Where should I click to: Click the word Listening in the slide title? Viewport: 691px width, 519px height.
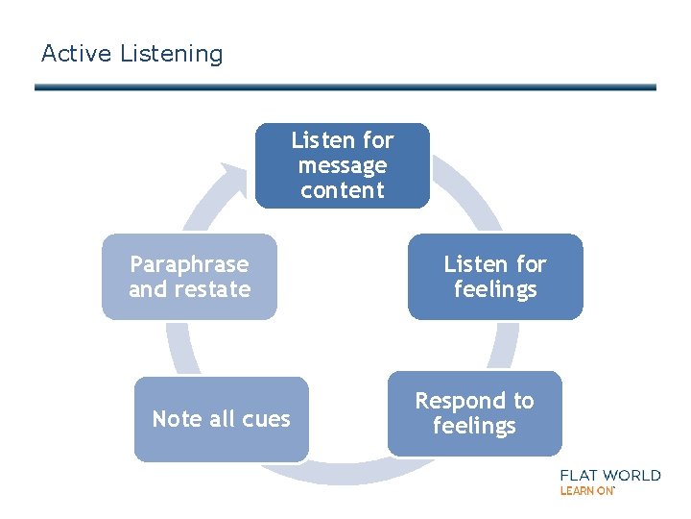pos(172,55)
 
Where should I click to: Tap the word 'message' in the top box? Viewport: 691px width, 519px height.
pos(343,166)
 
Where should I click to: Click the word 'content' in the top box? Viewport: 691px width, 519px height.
pos(343,190)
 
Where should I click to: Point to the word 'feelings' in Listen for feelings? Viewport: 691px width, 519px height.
pos(495,289)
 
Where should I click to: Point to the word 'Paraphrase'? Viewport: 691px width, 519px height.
pos(189,264)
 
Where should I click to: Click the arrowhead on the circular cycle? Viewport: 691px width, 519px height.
pos(233,179)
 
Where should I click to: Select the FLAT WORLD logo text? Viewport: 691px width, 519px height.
pos(610,475)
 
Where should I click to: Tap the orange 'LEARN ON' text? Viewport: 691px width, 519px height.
pos(586,491)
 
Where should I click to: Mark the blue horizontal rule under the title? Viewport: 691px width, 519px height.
pos(345,87)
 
